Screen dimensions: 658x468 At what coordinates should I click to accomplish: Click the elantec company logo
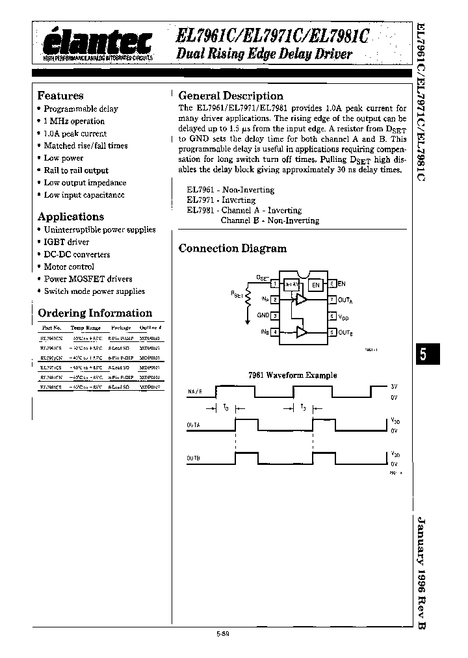pyautogui.click(x=97, y=45)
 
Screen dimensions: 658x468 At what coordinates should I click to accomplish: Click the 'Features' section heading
pyautogui.click(x=60, y=96)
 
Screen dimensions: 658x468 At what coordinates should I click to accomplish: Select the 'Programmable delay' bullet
pyautogui.click(x=81, y=109)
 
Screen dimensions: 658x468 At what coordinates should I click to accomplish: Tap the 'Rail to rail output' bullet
pyautogui.click(x=76, y=170)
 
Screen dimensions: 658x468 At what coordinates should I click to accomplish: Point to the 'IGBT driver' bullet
pyautogui.click(x=66, y=242)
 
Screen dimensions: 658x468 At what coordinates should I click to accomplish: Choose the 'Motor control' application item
pyautogui.click(x=68, y=267)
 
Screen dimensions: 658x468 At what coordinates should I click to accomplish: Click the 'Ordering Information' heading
pyautogui.click(x=95, y=313)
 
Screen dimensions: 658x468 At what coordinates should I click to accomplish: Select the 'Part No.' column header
pyautogui.click(x=51, y=328)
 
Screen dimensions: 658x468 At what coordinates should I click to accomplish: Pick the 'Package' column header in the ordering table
pyautogui.click(x=121, y=328)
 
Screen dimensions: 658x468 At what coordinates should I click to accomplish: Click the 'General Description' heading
pyautogui.click(x=231, y=96)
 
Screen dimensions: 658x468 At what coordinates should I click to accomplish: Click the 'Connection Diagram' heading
pyautogui.click(x=232, y=248)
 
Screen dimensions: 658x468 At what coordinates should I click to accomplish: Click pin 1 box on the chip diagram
pyautogui.click(x=275, y=283)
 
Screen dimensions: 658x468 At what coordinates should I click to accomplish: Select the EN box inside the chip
pyautogui.click(x=315, y=284)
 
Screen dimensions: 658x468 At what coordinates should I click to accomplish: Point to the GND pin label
pyautogui.click(x=263, y=315)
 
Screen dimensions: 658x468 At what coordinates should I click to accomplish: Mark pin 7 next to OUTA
pyautogui.click(x=332, y=300)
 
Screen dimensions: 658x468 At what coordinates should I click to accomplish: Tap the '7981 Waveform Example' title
pyautogui.click(x=293, y=375)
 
